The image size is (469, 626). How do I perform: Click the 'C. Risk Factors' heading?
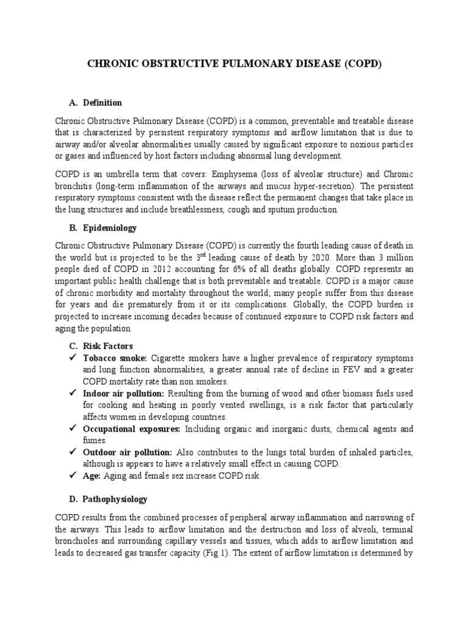coord(100,346)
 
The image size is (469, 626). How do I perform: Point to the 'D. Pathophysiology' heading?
coord(107,499)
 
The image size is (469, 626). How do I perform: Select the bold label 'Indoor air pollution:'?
coord(123,393)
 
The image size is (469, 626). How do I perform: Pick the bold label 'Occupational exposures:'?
coord(131,429)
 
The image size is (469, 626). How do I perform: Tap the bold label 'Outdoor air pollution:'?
coord(127,452)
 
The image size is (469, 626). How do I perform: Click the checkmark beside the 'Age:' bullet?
coord(72,476)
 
